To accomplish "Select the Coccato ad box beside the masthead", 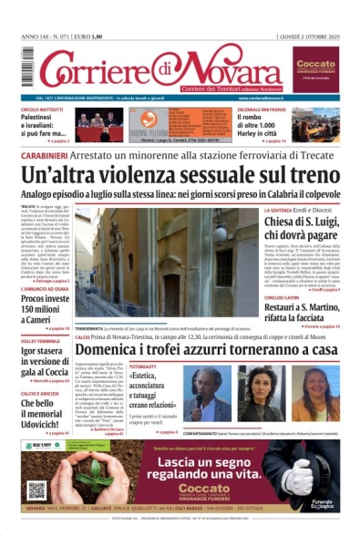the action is pyautogui.click(x=315, y=69).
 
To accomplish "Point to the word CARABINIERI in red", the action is pyautogui.click(x=44, y=155).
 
